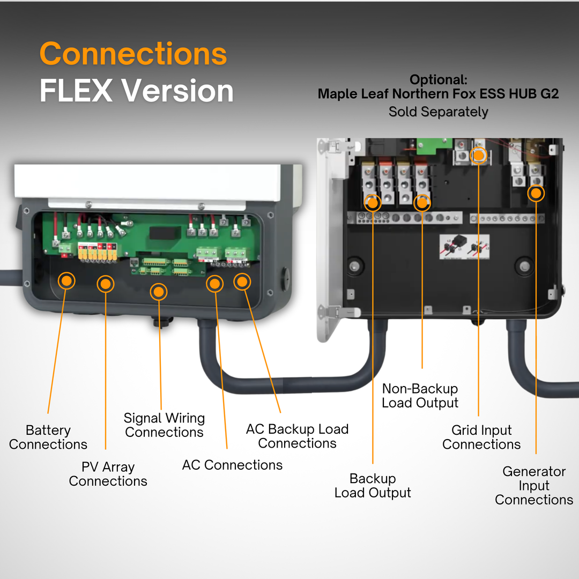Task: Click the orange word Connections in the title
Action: coord(133,54)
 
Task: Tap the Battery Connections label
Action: coord(48,437)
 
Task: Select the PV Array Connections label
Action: coord(108,474)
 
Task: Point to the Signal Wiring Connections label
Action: coord(164,425)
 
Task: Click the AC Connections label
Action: coord(232,465)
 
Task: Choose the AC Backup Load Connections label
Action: coord(297,436)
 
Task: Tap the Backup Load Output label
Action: coord(373,486)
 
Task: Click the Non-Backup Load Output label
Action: coord(420,396)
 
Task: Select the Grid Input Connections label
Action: coord(481,437)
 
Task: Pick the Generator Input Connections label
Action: coord(534,486)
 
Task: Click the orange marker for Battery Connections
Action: coord(66,280)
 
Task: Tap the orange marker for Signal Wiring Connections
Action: coord(158,292)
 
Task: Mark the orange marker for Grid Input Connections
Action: coord(478,155)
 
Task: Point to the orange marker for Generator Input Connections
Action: coord(536,193)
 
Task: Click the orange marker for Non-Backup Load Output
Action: coord(422,202)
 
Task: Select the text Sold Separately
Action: coord(438,112)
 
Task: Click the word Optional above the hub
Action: coord(438,80)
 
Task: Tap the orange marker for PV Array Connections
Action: coord(106,284)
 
